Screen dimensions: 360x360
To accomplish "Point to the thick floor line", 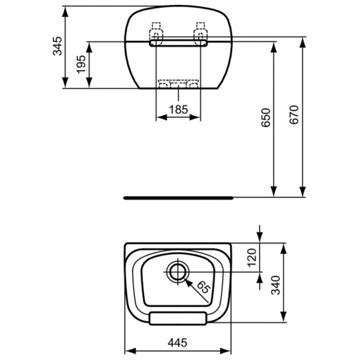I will (x=178, y=196).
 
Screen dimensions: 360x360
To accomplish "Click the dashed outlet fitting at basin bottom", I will (x=178, y=85).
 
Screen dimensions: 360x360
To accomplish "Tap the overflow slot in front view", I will (x=178, y=43).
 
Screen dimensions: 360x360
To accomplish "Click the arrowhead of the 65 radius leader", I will (x=187, y=278).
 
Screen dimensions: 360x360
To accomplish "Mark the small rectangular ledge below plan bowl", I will (x=178, y=317).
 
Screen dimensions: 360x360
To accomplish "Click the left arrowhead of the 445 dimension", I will (x=127, y=351).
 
